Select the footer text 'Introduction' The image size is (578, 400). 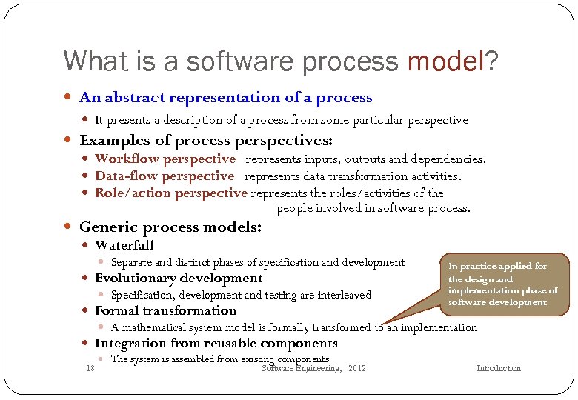[x=498, y=368]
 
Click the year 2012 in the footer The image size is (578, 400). [x=356, y=368]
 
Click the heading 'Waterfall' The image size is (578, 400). [x=124, y=245]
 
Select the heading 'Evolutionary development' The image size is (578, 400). [x=178, y=278]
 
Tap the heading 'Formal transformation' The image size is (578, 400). [x=165, y=310]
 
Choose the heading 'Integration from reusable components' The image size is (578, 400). [x=216, y=343]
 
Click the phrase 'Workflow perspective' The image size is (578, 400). [x=165, y=159]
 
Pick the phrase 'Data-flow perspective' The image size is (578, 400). [x=164, y=176]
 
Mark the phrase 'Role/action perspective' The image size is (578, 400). [x=170, y=193]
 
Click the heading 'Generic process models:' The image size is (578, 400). [x=170, y=227]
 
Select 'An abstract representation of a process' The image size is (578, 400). [x=225, y=97]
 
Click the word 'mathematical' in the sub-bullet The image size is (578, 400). [x=155, y=327]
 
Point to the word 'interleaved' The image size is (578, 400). [x=345, y=295]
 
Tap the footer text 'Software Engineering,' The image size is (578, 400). [x=302, y=368]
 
